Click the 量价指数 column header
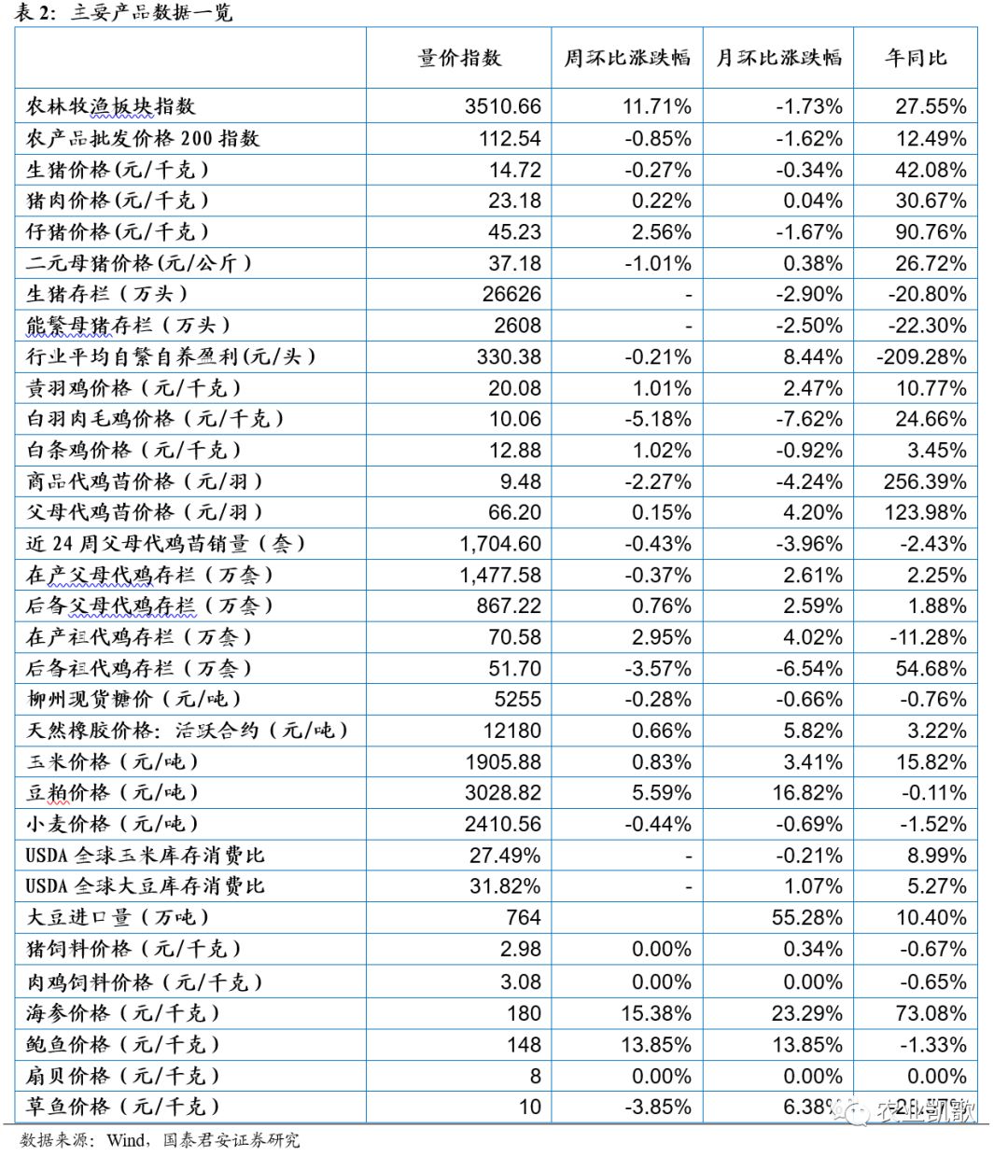tap(459, 58)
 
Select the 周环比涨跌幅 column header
tap(626, 58)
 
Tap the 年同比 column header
tap(916, 58)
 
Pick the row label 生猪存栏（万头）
tap(107, 294)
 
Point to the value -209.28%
tap(921, 356)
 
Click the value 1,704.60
tap(500, 544)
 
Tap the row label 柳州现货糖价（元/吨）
tap(134, 699)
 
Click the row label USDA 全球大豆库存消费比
tap(146, 886)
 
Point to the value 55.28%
tap(807, 918)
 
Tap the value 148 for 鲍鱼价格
tap(524, 1045)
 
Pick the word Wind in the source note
tap(126, 1140)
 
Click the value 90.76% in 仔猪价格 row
tap(931, 231)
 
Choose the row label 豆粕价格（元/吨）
tap(113, 793)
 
